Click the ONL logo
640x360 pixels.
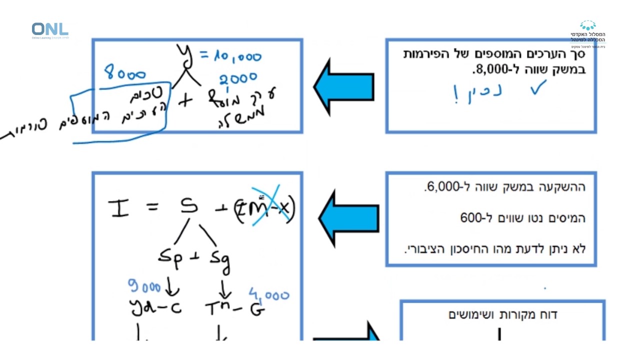click(49, 30)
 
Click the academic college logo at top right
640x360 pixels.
click(588, 33)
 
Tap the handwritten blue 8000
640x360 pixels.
click(125, 74)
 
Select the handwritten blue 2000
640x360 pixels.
click(238, 78)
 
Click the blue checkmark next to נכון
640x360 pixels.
click(538, 88)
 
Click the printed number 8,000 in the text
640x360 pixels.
click(489, 69)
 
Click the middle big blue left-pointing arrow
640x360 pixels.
click(349, 219)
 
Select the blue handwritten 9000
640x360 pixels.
click(145, 287)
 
